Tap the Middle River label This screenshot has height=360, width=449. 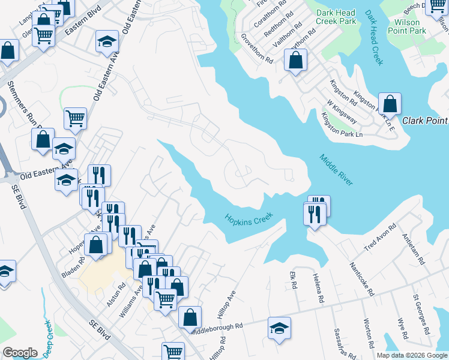(x=336, y=170)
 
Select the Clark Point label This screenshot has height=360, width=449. (x=425, y=121)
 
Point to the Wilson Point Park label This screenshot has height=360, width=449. (x=403, y=26)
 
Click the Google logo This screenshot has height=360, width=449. (x=20, y=353)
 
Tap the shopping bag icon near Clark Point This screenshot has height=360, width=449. (x=390, y=104)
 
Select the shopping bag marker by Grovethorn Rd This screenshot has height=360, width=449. (x=295, y=60)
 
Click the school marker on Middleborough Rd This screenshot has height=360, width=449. (x=279, y=328)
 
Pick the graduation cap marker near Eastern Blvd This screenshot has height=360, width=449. (x=107, y=41)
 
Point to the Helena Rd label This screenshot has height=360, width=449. (x=318, y=289)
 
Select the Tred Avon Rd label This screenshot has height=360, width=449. (x=381, y=238)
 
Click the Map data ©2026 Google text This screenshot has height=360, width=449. (x=412, y=355)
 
